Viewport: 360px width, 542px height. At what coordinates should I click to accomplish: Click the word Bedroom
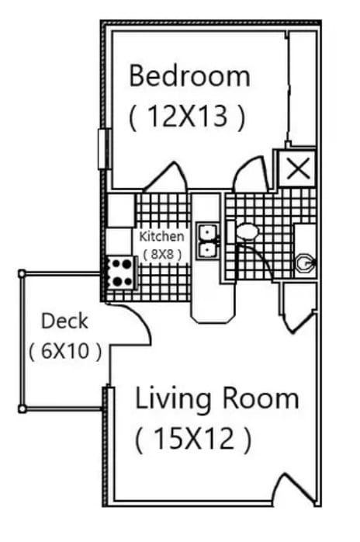pos(189,76)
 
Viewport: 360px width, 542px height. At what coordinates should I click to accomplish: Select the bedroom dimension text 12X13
pos(187,116)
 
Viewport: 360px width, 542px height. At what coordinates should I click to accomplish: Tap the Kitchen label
pos(161,236)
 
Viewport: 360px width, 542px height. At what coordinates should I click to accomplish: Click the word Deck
pos(64,321)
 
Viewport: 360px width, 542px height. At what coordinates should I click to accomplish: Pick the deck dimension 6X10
pos(64,351)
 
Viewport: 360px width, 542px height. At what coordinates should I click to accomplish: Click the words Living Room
pos(216,398)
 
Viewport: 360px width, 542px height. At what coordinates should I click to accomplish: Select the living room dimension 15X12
pos(192,440)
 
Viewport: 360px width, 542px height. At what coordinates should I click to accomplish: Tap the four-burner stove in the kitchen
pos(120,272)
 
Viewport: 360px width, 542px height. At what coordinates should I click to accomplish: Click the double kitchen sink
pos(208,241)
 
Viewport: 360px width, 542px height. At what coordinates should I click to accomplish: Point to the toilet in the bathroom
pos(247,231)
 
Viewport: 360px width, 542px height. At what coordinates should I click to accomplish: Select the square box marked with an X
pos(296,168)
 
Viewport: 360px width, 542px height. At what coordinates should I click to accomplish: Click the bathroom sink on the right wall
pos(305,264)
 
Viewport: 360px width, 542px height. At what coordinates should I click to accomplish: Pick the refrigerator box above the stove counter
pos(120,210)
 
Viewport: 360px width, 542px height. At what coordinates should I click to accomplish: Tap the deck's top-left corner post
pos(22,273)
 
